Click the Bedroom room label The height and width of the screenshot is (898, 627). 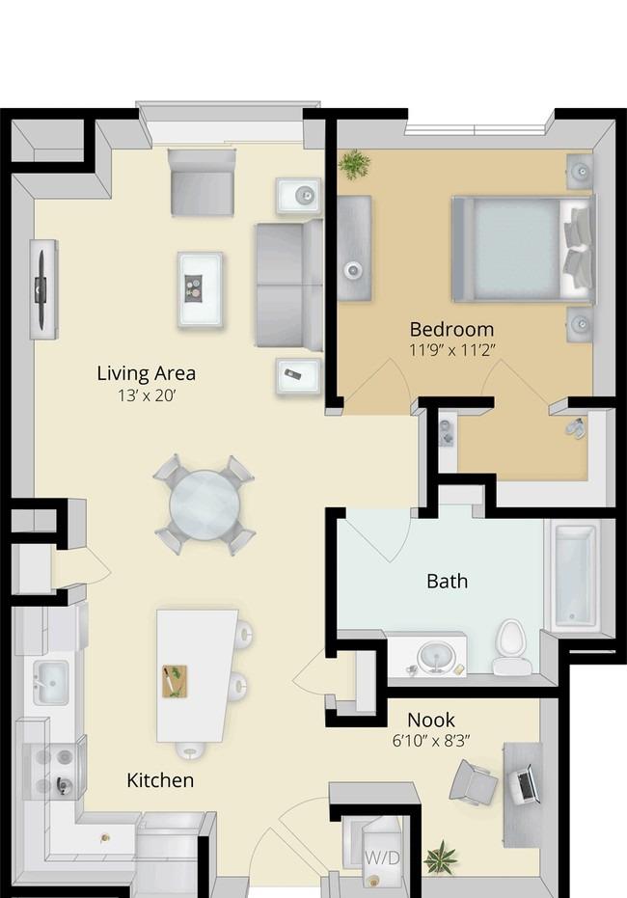coord(451,329)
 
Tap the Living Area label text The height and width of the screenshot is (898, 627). coord(147,373)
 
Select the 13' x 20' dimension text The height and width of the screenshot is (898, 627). coord(147,395)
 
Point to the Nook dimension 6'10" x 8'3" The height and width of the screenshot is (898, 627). coord(431,741)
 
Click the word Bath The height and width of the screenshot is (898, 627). coord(448,582)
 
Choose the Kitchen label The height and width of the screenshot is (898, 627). coord(160,780)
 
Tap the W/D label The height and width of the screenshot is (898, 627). coord(382,857)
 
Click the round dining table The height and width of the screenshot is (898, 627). coord(204,504)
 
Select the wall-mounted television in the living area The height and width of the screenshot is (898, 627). coord(41,289)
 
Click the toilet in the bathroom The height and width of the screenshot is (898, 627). coord(512,647)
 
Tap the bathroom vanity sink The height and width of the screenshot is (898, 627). coord(436,656)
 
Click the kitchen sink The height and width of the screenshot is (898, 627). coord(51,683)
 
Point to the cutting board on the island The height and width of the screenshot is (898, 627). coord(176,682)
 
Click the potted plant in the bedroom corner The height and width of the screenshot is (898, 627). coord(354,164)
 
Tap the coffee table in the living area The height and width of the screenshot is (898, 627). coord(200,289)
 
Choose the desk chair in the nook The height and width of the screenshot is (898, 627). coord(473,782)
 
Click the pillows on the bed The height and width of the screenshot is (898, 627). coord(577,250)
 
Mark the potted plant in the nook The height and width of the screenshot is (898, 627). coord(442,857)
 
